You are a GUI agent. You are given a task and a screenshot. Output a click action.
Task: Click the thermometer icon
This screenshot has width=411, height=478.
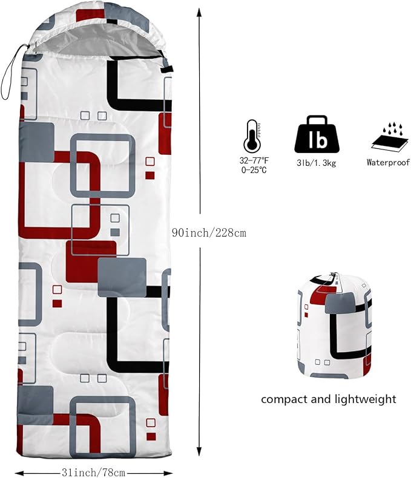(x=252, y=135)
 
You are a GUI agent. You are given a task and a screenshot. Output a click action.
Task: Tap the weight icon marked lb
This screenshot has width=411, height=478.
(x=317, y=134)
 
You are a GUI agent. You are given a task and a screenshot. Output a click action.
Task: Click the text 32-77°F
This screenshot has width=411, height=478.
(x=254, y=160)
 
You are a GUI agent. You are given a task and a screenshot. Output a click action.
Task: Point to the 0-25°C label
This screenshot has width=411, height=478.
(x=254, y=170)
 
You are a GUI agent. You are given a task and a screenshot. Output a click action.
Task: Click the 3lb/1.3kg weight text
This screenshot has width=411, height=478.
(x=317, y=163)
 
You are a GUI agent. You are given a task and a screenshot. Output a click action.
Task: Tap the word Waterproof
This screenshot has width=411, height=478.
(x=388, y=162)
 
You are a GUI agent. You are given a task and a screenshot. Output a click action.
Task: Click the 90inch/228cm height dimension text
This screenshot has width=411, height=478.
(x=209, y=233)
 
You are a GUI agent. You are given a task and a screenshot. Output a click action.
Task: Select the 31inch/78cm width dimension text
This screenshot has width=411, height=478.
(x=93, y=473)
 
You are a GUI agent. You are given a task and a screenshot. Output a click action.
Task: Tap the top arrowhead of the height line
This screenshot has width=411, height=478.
(x=199, y=13)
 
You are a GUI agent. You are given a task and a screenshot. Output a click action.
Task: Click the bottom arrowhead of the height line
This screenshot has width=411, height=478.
(x=199, y=451)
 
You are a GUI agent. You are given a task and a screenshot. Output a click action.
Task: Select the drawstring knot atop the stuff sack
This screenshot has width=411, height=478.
(x=334, y=274)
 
